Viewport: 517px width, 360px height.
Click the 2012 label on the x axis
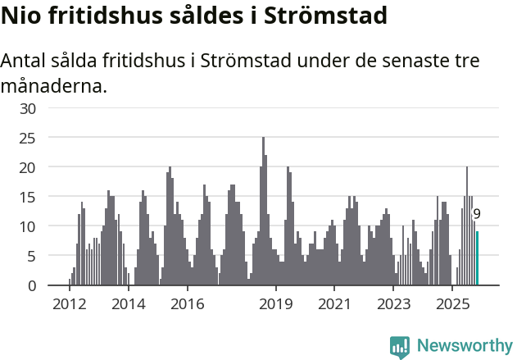[x=70, y=304]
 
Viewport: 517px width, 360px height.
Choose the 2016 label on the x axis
[x=188, y=304]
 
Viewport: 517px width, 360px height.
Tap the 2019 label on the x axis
[x=276, y=304]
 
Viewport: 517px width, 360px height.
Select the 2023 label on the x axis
[x=393, y=304]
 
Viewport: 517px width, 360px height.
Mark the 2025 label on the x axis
[x=451, y=304]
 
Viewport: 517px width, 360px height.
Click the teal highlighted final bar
[x=477, y=258]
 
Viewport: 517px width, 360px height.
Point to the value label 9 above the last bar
[x=477, y=214]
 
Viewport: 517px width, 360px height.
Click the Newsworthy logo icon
[x=400, y=346]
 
